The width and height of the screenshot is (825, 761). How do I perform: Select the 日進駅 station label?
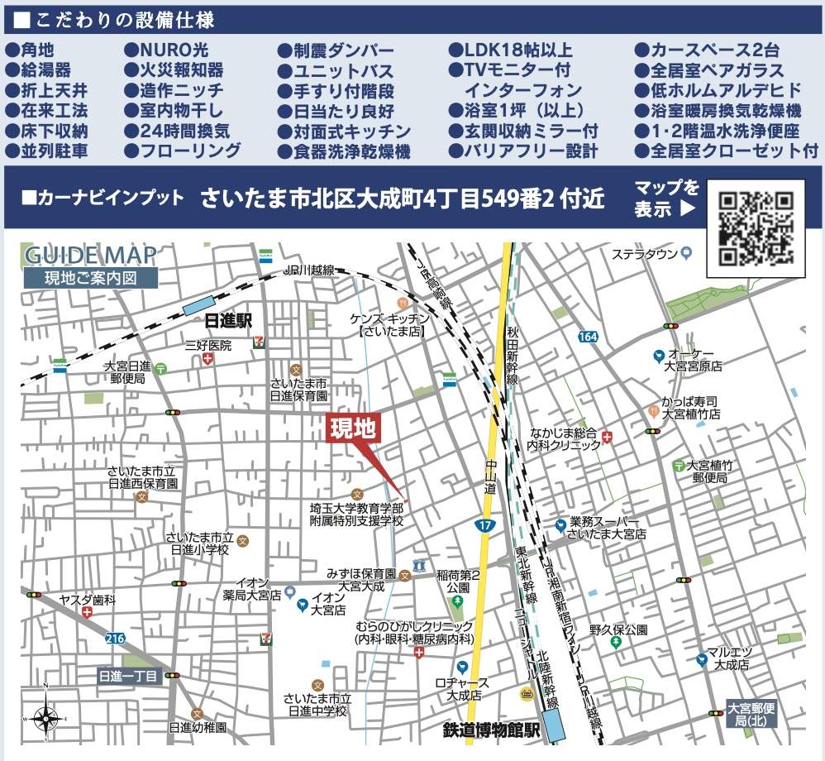coord(228,320)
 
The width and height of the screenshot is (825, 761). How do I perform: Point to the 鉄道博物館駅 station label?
coord(491,730)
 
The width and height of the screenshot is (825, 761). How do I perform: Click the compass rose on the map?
coord(46,718)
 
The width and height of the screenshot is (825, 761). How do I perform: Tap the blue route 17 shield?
coord(484,524)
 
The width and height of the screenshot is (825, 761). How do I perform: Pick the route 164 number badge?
coord(588,337)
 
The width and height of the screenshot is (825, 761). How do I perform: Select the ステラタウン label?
coord(645,254)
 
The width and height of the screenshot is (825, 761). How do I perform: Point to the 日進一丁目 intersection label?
coord(127,677)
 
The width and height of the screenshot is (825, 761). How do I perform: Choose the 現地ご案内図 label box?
coord(90,279)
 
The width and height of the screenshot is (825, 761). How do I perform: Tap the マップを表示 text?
coord(665,199)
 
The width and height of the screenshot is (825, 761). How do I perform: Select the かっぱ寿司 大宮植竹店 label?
coord(690,407)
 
